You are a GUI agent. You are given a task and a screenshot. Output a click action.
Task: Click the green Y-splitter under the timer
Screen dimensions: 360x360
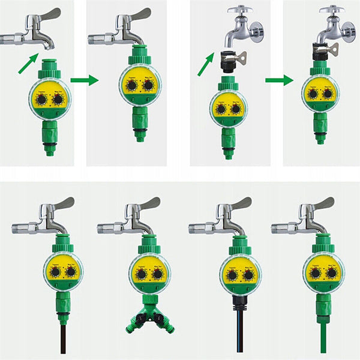click(x=149, y=318)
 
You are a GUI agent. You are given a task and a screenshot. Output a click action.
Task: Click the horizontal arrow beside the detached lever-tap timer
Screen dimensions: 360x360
click(x=83, y=79)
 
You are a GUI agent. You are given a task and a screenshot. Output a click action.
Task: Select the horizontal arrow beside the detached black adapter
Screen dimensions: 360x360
click(x=279, y=79)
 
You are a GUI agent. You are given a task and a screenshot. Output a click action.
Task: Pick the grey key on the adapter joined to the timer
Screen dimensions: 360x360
click(x=332, y=49)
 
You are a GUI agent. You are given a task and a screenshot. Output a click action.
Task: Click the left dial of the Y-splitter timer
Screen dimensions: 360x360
click(x=140, y=274)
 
